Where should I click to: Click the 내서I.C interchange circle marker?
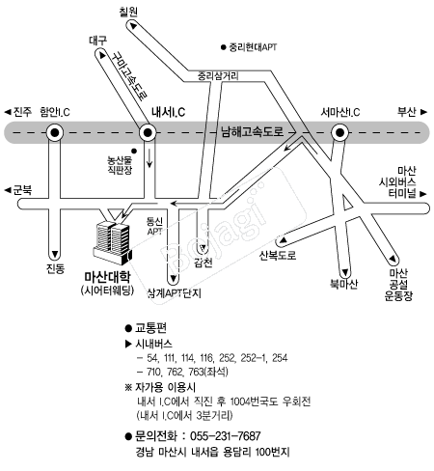(x=148, y=132)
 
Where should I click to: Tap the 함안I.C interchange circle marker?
(x=55, y=132)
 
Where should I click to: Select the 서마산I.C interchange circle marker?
(x=339, y=132)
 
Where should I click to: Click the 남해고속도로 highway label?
(x=253, y=131)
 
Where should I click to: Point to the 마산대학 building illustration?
(x=113, y=242)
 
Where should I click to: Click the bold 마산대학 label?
(x=107, y=277)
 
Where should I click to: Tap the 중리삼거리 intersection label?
(x=218, y=76)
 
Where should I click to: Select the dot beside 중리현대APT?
(x=224, y=47)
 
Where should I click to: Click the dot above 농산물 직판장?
(x=134, y=151)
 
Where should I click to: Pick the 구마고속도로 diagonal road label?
(x=131, y=75)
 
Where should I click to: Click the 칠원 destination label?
(x=128, y=12)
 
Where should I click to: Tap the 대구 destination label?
(x=98, y=41)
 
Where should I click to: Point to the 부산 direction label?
(x=407, y=112)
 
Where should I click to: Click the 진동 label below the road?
(x=55, y=268)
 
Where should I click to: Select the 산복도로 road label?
(x=278, y=256)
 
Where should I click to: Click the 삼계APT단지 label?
(x=175, y=293)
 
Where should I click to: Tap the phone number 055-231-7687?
(x=226, y=436)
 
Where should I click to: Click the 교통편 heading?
(x=150, y=328)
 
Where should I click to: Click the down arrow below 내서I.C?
(x=149, y=157)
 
